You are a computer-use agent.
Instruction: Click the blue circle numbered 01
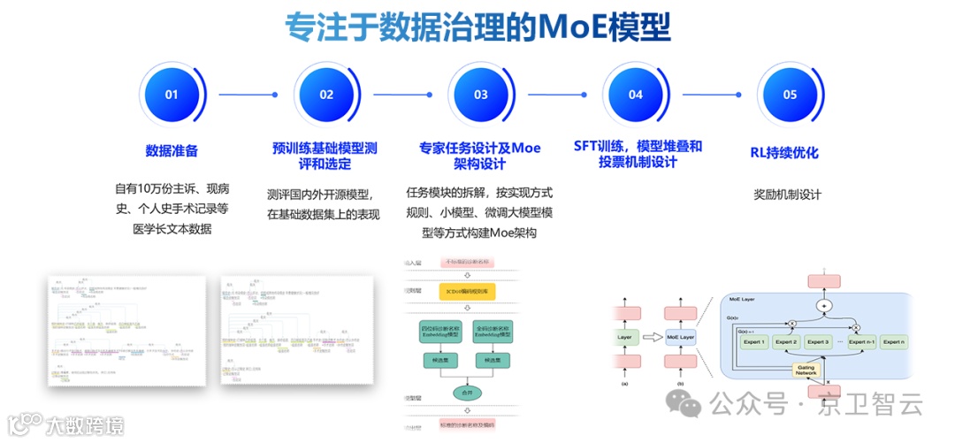point(172,95)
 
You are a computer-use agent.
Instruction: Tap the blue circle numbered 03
point(481,95)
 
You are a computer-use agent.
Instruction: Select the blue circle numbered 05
point(790,95)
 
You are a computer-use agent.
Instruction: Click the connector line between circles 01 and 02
point(248,95)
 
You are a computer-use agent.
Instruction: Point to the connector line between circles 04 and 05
point(711,95)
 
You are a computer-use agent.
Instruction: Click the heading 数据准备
point(172,151)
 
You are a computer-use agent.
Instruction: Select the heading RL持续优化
point(784,152)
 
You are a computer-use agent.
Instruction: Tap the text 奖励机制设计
point(788,195)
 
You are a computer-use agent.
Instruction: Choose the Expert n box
point(895,341)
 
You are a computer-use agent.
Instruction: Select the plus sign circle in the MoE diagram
point(824,306)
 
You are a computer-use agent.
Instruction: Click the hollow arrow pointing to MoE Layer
point(653,337)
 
